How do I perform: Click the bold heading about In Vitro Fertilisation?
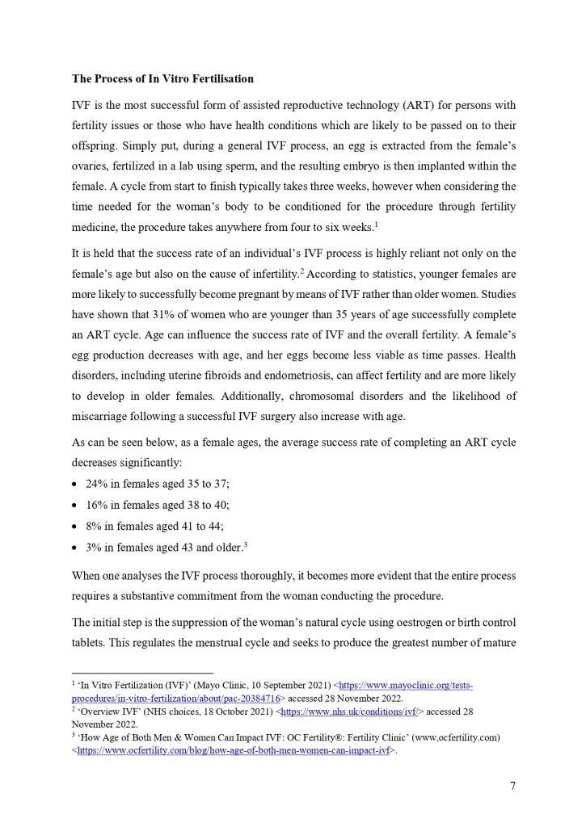click(x=162, y=79)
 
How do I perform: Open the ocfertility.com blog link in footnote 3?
click(x=233, y=750)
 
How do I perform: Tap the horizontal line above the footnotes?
click(x=142, y=673)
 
